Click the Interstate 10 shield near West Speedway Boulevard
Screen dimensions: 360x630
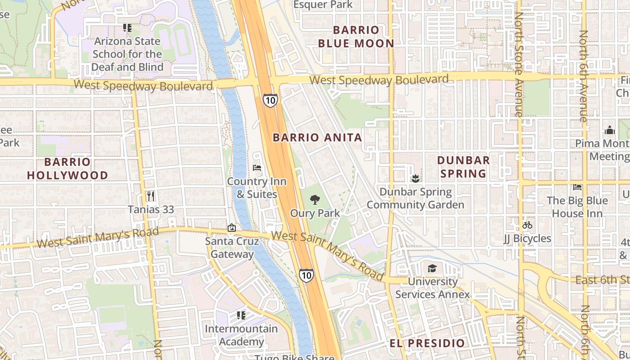(270, 100)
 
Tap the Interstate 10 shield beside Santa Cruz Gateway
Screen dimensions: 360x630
(306, 275)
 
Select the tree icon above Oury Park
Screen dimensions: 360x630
(315, 200)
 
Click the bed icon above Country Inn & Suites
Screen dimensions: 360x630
(257, 168)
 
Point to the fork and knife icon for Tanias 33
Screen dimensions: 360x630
(151, 196)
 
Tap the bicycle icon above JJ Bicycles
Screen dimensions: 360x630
(527, 225)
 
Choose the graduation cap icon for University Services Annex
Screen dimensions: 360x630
(432, 269)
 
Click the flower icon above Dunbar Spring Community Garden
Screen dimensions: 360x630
(415, 179)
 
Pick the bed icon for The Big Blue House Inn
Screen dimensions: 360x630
(577, 187)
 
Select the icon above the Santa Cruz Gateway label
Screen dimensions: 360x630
(232, 228)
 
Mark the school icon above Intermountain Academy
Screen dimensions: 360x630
(241, 315)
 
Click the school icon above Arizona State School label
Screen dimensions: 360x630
(127, 28)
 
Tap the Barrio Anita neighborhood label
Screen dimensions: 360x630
(317, 138)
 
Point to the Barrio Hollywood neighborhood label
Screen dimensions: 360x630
(67, 168)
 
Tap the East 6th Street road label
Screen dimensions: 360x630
(602, 280)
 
